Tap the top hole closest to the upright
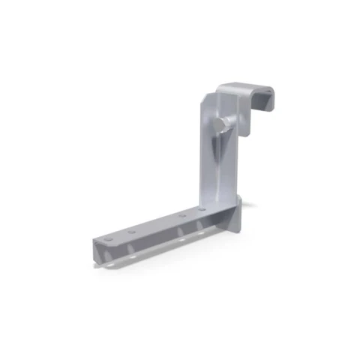click(202, 208)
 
